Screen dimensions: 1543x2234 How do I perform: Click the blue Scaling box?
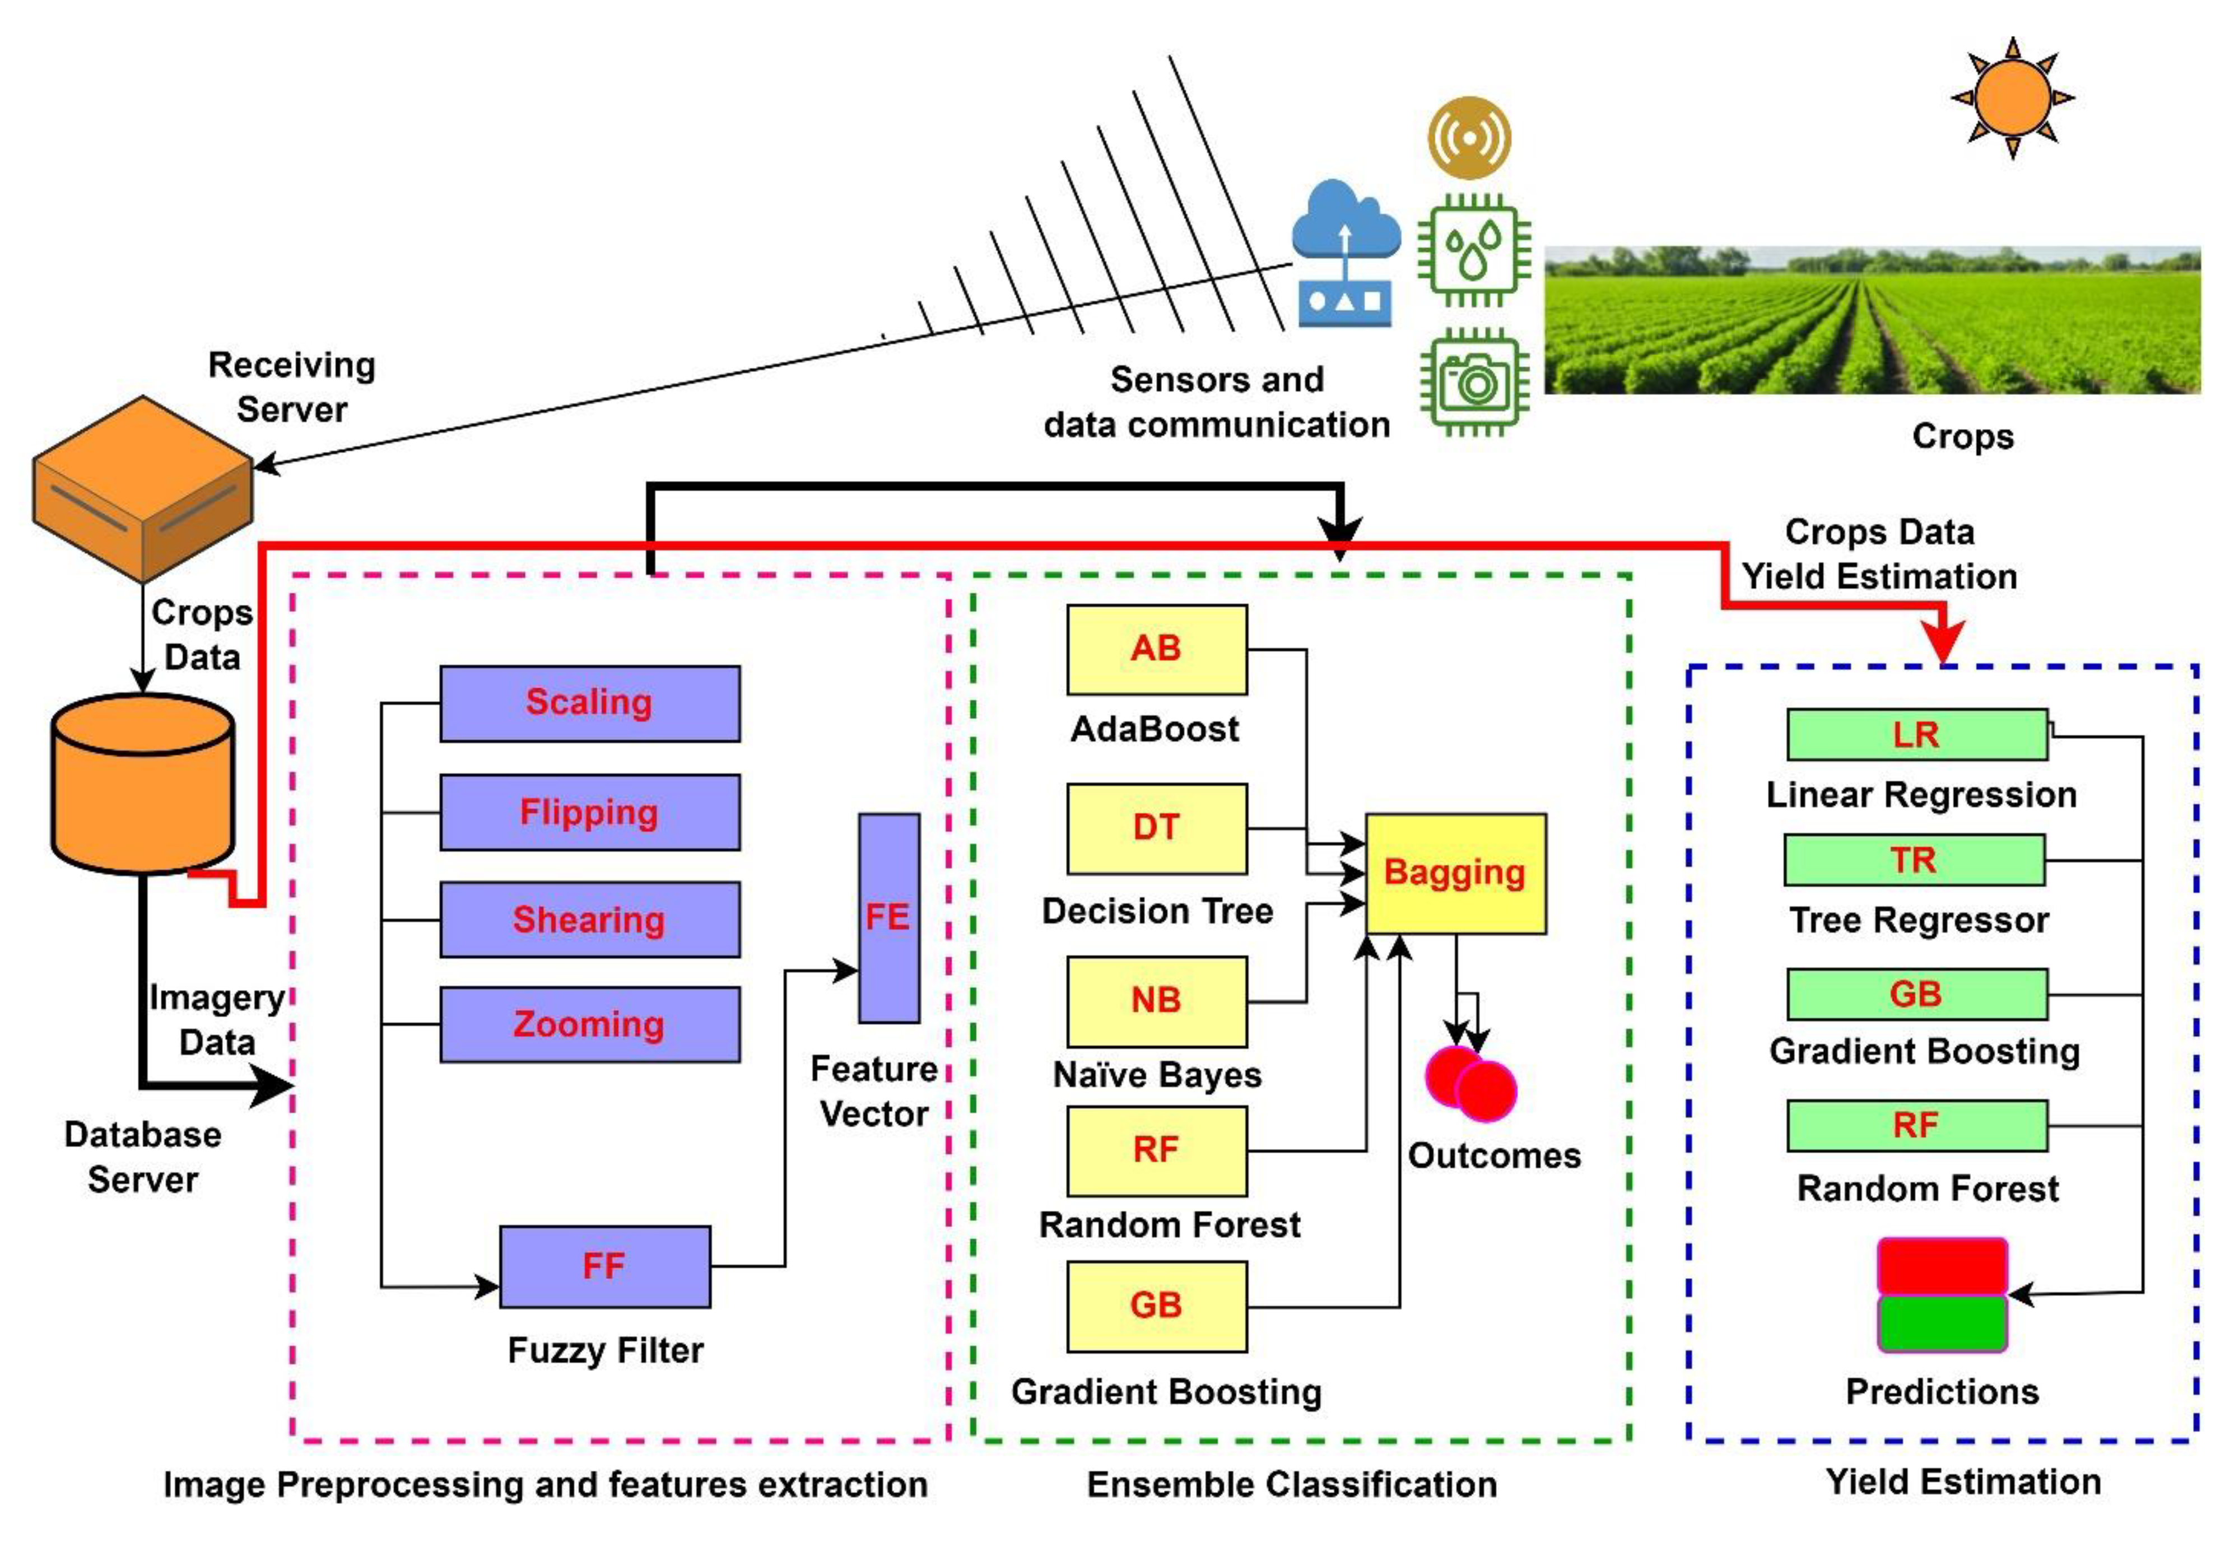(590, 703)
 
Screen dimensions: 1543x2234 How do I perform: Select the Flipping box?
(590, 812)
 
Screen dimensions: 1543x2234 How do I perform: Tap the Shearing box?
(590, 920)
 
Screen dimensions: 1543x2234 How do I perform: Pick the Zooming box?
(590, 1024)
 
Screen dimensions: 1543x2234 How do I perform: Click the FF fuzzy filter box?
(604, 1266)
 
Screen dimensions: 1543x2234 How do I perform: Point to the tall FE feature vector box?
(888, 917)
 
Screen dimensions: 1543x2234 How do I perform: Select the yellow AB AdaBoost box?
(1156, 649)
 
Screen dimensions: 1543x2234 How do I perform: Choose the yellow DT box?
(1156, 828)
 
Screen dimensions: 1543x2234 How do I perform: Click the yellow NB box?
(1156, 1001)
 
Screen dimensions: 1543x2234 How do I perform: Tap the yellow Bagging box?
(1455, 873)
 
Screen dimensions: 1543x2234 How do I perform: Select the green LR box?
(1916, 735)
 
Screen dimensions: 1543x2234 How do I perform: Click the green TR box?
(1914, 860)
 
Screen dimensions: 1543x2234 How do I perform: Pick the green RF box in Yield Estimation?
(1916, 1125)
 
